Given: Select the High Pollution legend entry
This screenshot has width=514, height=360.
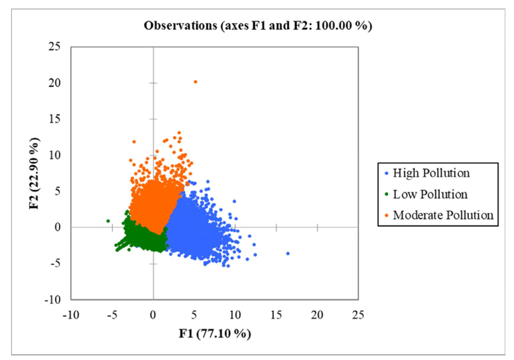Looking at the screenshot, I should pos(431,174).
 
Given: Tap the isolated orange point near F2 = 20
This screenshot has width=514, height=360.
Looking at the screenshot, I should pos(195,82).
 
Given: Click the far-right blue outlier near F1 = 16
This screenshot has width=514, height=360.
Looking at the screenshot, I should pos(288,253).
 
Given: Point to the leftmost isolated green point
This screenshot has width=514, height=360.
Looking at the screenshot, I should pos(108,221).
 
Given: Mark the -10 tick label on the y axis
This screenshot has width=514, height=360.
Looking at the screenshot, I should pos(54,300).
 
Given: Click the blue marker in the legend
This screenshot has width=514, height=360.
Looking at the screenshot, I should pos(387,174).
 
